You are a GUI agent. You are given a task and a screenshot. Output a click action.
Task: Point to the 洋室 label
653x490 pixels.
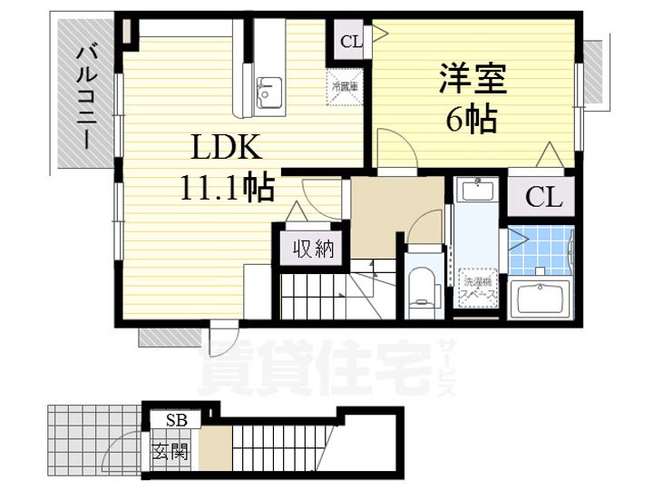pos(471,78)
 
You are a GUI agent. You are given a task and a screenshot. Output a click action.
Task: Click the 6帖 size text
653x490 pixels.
pos(471,117)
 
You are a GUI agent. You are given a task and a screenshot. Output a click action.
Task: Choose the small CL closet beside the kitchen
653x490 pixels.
pos(349,40)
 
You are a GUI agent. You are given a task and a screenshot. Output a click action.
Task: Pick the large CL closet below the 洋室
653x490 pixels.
pos(541,197)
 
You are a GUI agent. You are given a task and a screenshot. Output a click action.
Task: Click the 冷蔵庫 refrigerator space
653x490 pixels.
pos(346,87)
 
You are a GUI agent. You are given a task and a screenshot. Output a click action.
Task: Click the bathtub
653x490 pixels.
pos(540,299)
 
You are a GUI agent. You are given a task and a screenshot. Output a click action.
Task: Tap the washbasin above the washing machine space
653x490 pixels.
pos(476,191)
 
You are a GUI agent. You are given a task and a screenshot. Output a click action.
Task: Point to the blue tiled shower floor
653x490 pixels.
pos(539,250)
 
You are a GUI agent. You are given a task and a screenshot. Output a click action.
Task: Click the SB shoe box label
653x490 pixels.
pos(177,420)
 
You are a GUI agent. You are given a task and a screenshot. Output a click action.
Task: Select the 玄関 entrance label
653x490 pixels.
pos(173,449)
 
